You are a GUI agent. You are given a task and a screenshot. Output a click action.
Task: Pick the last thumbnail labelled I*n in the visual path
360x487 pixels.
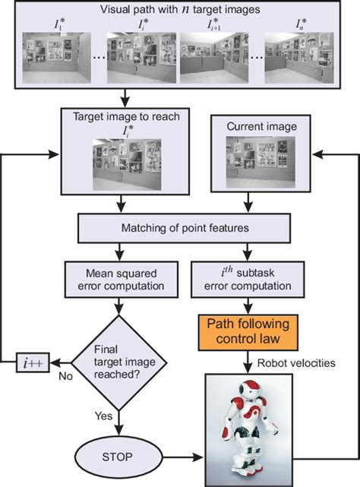point(298,58)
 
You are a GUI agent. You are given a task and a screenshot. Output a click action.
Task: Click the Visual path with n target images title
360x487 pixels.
point(179,11)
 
